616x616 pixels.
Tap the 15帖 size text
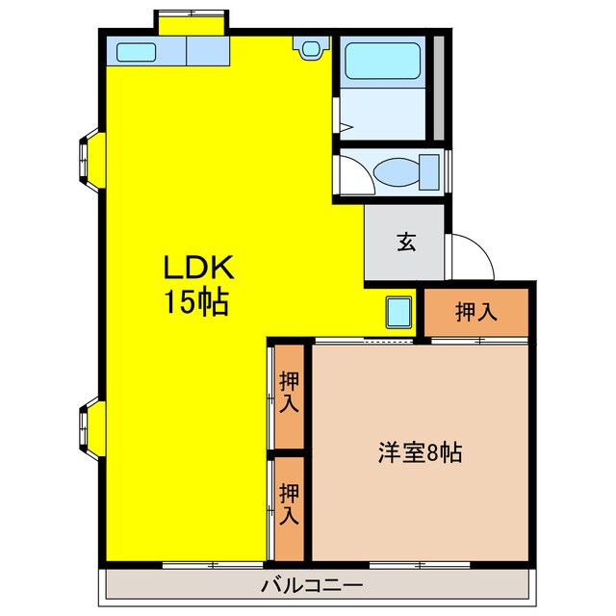[x=195, y=303]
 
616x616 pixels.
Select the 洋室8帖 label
[x=419, y=452]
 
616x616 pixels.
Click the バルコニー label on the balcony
[x=311, y=585]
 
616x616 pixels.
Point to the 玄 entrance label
[x=406, y=244]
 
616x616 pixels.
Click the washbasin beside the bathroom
[x=310, y=47]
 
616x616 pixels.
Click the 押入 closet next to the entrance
[x=476, y=311]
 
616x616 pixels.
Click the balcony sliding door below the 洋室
[x=421, y=564]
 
